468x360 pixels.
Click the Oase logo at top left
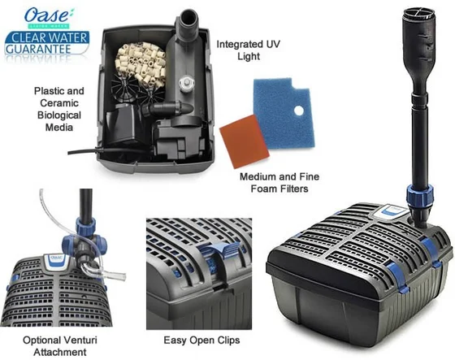(x=48, y=15)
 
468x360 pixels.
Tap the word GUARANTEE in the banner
(x=38, y=49)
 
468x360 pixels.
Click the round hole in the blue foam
(x=299, y=111)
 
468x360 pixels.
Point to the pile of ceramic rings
(x=141, y=63)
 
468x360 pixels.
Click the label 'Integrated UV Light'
(x=249, y=50)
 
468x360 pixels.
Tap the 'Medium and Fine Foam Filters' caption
(x=279, y=183)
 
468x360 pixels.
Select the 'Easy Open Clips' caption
(x=201, y=340)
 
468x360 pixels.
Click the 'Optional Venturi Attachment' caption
(x=60, y=346)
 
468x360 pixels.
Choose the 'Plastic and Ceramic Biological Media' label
(x=59, y=109)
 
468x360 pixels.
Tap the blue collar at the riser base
(x=419, y=194)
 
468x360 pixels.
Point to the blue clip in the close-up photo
(x=219, y=250)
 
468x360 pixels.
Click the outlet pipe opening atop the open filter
(x=188, y=15)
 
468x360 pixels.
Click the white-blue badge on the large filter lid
(x=393, y=211)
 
